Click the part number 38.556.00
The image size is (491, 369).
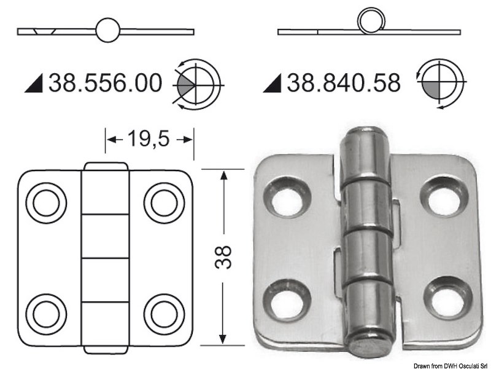click(x=105, y=82)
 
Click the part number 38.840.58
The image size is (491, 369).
click(x=344, y=82)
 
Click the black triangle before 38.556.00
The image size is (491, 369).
click(x=34, y=84)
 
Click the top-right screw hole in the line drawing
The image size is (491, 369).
click(x=163, y=202)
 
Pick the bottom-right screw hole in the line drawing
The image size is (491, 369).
click(x=163, y=313)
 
